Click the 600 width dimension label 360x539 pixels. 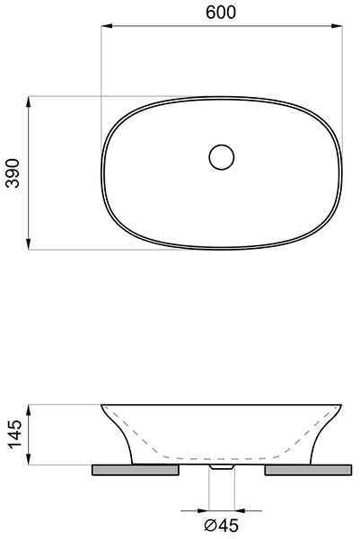pyautogui.click(x=221, y=13)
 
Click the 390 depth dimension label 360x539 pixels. pyautogui.click(x=13, y=172)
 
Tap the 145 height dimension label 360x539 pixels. pyautogui.click(x=15, y=434)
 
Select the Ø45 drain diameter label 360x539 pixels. pyautogui.click(x=221, y=526)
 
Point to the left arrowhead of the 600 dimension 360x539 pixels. pyautogui.click(x=108, y=26)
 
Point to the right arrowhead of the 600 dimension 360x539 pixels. pyautogui.click(x=337, y=26)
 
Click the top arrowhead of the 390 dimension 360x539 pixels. pyautogui.click(x=29, y=102)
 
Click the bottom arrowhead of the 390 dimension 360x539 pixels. pyautogui.click(x=29, y=243)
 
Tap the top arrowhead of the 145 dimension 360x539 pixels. pyautogui.click(x=29, y=411)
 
